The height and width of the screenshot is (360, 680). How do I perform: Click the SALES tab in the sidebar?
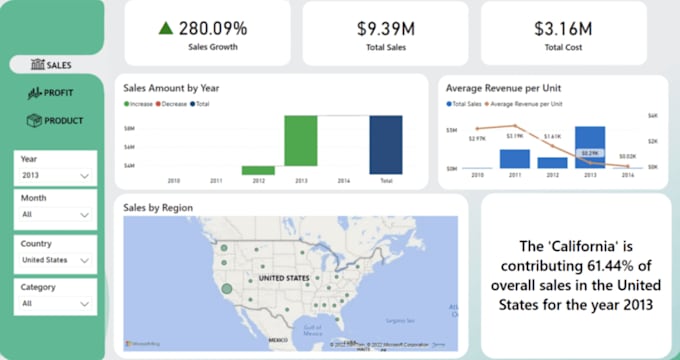tap(51, 65)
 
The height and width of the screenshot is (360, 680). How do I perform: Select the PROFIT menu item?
tap(51, 93)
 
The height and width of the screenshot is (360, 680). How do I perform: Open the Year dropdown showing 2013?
tap(56, 175)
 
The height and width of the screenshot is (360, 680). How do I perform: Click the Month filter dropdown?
tap(56, 214)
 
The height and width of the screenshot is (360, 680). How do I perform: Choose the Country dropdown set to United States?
tap(56, 260)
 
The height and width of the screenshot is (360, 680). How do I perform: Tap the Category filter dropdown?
tap(56, 303)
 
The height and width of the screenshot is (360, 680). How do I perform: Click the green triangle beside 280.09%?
tap(166, 28)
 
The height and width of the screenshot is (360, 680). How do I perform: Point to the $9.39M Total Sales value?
tap(386, 28)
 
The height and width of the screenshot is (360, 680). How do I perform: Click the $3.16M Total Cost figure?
tap(563, 28)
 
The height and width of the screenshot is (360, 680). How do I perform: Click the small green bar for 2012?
tap(258, 170)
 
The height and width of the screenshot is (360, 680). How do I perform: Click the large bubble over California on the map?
tap(227, 289)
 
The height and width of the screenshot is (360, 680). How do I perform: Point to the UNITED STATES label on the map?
tap(285, 280)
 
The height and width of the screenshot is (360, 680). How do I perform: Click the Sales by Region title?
tap(157, 208)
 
